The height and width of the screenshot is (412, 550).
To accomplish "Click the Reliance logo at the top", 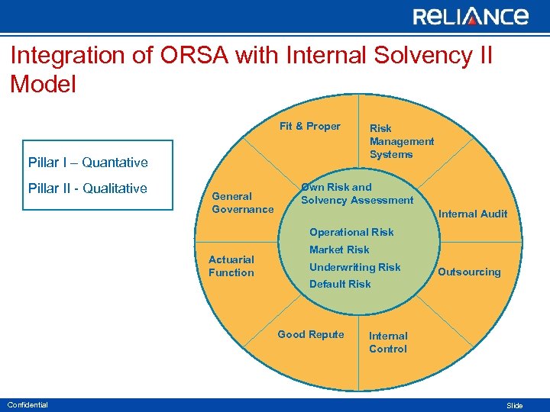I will (x=470, y=17).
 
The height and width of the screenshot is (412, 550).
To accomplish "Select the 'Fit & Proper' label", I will (x=309, y=127).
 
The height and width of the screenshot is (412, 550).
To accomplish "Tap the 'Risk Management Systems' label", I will (x=401, y=141).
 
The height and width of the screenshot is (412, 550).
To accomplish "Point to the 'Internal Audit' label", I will (x=472, y=214).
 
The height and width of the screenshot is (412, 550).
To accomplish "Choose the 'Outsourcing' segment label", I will (x=469, y=272).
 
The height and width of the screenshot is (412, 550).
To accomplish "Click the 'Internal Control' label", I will (x=388, y=343).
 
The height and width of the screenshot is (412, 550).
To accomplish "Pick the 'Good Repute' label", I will (x=310, y=334).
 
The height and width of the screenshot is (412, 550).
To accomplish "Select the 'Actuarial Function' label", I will (x=231, y=266).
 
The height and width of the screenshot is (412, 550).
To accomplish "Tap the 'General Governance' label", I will (x=242, y=203).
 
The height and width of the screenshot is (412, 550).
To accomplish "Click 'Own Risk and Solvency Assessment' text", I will (x=356, y=194).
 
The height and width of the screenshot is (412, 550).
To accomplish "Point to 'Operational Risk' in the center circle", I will (x=351, y=232).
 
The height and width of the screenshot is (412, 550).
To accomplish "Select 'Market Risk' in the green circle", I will (x=339, y=249).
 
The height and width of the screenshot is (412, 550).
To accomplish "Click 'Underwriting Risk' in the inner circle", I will (x=354, y=267).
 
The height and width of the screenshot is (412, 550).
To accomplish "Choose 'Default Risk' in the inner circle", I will (x=340, y=284).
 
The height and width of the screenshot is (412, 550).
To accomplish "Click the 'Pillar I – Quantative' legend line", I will (x=88, y=163).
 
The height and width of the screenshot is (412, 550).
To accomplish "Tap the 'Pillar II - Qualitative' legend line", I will (x=87, y=188).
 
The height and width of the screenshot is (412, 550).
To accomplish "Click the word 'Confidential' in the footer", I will (x=27, y=404).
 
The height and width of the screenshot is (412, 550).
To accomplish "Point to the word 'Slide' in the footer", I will (x=515, y=406).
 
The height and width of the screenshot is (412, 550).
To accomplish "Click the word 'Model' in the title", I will (x=44, y=84).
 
